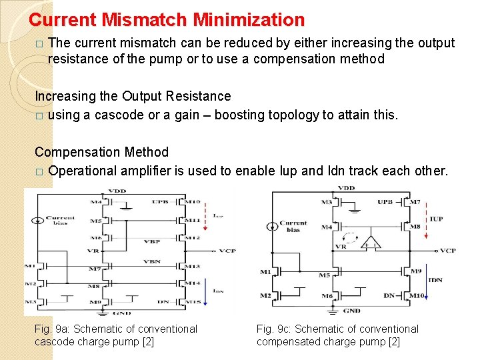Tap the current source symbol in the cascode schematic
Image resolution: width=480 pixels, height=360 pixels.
39,220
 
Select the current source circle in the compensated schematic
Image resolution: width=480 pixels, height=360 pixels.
272,227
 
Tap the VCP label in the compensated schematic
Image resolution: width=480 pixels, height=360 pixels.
447,251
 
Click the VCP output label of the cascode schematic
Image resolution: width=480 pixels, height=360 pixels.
227,251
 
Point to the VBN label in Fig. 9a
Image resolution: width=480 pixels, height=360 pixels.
153,261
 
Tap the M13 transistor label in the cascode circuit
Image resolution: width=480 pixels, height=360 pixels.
193,266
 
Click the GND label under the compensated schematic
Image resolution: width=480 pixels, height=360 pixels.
351,311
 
